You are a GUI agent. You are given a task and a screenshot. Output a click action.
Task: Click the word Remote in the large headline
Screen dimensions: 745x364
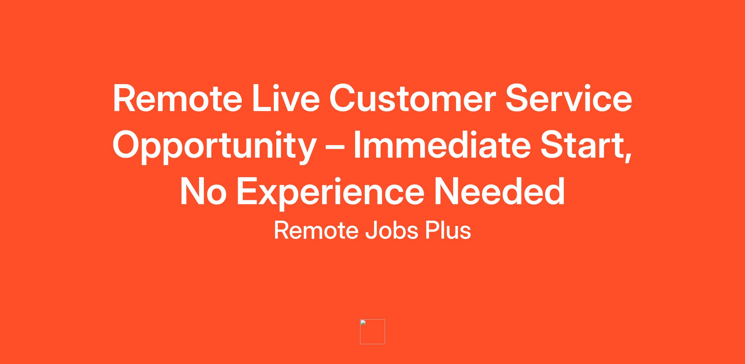(178, 98)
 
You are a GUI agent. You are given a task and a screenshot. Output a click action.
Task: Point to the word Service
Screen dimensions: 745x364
(569, 98)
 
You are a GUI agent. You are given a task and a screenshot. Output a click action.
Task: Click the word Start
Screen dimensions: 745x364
(582, 145)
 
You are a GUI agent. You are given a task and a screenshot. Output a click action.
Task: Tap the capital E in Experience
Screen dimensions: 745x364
(247, 192)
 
